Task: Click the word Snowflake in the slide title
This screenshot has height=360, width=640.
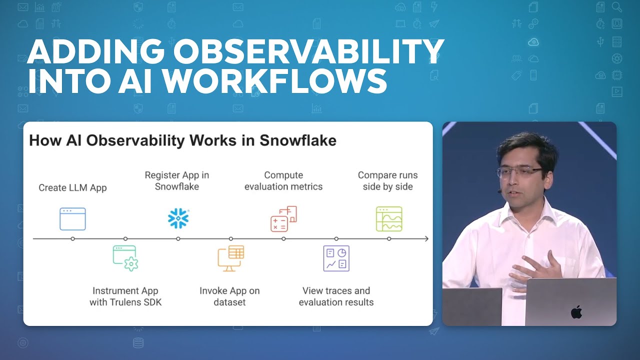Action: tap(297, 140)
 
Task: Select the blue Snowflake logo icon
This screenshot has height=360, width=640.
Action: tap(178, 218)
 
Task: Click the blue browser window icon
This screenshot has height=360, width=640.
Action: tap(72, 219)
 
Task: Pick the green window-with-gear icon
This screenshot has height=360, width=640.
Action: tap(125, 258)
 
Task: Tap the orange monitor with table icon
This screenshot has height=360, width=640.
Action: tap(230, 258)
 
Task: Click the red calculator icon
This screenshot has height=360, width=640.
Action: tap(283, 218)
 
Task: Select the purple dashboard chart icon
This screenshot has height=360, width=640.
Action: tap(336, 258)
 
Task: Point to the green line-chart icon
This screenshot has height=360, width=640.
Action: tap(389, 219)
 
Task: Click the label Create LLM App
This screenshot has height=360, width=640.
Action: tap(72, 188)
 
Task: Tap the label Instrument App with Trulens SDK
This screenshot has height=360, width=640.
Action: tap(125, 296)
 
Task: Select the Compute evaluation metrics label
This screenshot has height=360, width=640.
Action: tap(283, 181)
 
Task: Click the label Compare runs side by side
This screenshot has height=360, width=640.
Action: tap(387, 181)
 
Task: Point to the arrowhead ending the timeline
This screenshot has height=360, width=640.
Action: tap(426, 239)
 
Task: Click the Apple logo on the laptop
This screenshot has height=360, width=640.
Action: tap(576, 312)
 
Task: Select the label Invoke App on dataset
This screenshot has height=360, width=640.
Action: tap(229, 296)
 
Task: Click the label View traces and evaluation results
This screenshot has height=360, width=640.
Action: tap(336, 296)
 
